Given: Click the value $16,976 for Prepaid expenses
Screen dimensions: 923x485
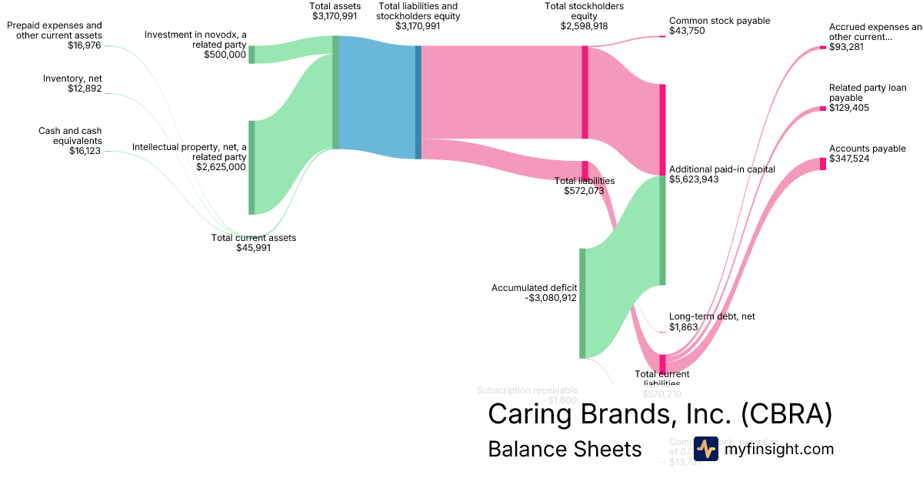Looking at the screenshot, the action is coord(85,45).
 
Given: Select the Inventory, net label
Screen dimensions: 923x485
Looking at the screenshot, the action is coord(72,79).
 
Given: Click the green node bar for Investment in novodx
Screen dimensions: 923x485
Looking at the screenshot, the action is coord(252,55).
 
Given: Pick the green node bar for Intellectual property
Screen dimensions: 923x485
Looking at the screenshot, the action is coord(252,167).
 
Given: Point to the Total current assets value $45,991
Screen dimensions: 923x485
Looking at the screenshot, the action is coord(253,248).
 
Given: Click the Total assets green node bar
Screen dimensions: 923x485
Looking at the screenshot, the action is coord(335,92).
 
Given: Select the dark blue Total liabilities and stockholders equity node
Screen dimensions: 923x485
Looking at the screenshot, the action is coord(418,102).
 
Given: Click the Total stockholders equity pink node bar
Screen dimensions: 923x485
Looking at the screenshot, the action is coord(585,92).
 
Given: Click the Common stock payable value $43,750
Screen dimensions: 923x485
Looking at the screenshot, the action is coord(687,32).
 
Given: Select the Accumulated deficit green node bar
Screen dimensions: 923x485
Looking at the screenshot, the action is coord(582,303).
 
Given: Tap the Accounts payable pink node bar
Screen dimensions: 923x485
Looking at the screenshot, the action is coord(822,163).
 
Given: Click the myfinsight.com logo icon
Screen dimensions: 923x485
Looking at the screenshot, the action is coord(706,449).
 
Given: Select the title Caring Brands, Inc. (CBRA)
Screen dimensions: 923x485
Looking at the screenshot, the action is coord(660,414).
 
